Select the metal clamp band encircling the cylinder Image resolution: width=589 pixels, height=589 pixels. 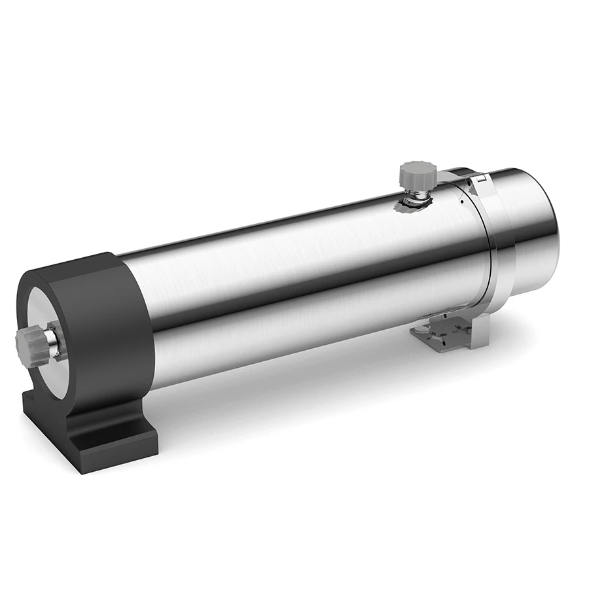coord(488,249)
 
